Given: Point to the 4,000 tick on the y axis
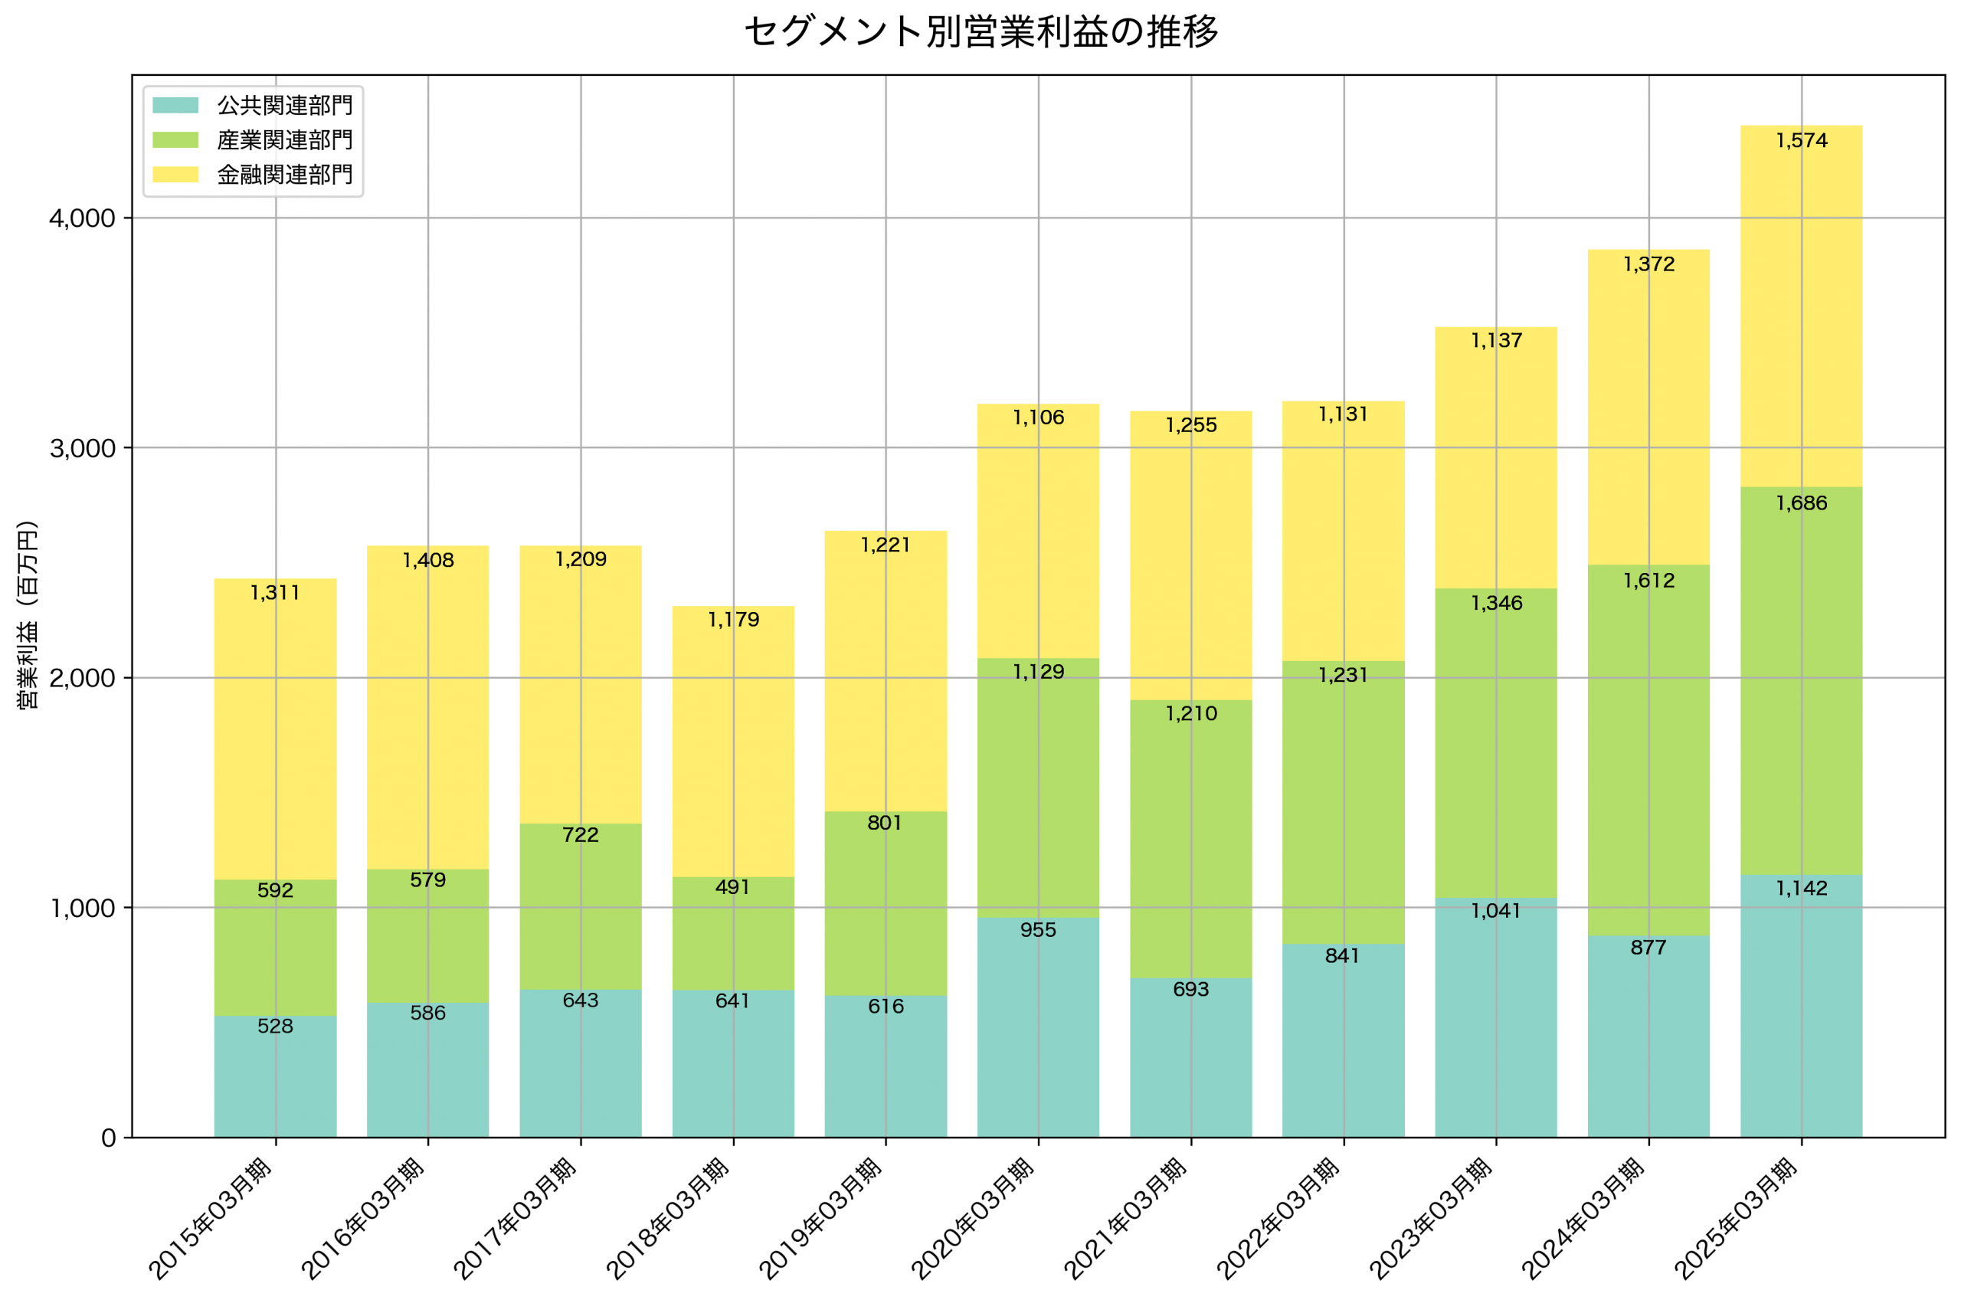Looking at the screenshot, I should point(82,219).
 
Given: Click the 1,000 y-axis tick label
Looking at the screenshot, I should point(82,909).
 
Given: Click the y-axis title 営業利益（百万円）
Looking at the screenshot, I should point(28,614).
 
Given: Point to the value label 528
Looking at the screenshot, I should point(275,1027).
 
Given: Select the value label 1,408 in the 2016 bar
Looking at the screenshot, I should point(427,561).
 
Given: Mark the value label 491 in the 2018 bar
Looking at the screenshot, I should point(732,888).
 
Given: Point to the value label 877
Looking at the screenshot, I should point(1648,948).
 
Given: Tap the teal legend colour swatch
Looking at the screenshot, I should point(175,105).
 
